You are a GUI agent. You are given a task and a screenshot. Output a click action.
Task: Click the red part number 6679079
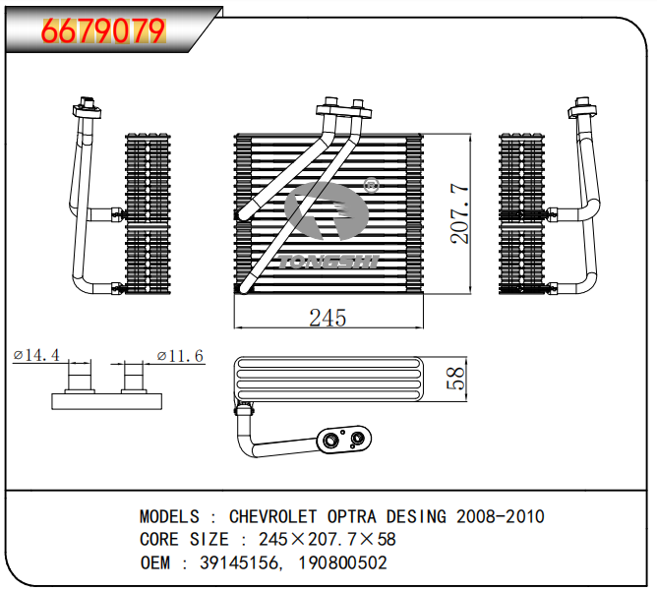103,30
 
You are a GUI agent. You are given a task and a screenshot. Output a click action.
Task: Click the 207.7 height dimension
459,213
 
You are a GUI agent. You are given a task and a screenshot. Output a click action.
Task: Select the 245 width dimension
328,318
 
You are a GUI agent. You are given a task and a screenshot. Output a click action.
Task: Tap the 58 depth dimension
455,379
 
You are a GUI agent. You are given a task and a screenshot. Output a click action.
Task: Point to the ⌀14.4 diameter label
36,355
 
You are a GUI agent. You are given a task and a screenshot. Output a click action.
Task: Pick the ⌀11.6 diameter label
180,356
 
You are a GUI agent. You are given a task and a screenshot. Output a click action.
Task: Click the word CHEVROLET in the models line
272,516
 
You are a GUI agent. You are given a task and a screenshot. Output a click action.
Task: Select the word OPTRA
351,516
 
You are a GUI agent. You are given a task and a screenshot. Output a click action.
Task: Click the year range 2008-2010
501,516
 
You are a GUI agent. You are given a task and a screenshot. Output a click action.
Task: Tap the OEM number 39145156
239,562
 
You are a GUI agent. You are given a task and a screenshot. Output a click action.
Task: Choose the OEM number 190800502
342,562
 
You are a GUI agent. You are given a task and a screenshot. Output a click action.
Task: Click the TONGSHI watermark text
328,262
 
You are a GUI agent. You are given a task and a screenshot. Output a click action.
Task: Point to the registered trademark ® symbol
371,185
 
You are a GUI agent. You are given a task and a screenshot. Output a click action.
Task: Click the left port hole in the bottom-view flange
330,441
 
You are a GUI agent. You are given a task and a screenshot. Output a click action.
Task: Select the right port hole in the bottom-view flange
357,439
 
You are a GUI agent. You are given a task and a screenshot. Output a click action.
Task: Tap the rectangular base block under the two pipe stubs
107,401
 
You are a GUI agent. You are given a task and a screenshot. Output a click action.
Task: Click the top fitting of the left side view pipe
88,108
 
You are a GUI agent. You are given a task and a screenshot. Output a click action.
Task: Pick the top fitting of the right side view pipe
582,107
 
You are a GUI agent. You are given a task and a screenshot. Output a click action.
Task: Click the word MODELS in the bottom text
170,516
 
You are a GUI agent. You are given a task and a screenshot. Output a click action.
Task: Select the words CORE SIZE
184,540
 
